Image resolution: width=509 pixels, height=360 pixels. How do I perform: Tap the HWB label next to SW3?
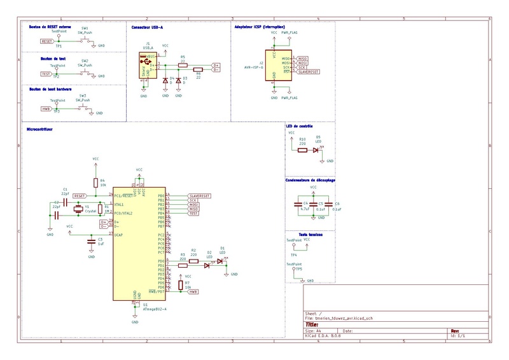46,109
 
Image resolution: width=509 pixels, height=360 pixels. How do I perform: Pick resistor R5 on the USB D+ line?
183,64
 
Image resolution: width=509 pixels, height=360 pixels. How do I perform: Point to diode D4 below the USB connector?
165,81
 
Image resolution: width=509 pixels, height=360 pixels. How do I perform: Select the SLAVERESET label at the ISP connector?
309,73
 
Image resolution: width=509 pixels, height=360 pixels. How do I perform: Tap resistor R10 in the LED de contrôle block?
302,151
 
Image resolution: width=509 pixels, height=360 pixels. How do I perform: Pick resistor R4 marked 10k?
95,183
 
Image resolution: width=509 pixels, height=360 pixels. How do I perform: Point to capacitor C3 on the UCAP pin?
91,242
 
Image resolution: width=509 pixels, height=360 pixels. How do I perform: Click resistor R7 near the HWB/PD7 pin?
181,286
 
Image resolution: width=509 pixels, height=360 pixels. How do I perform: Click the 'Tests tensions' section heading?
310,235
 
